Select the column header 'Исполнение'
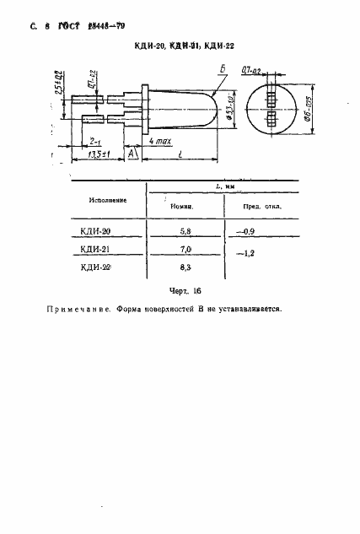click(x=107, y=199)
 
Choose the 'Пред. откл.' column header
click(x=262, y=207)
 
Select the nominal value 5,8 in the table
click(x=185, y=229)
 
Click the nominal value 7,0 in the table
click(x=185, y=249)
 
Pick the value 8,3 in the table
click(x=185, y=267)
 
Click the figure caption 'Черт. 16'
click(x=185, y=291)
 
